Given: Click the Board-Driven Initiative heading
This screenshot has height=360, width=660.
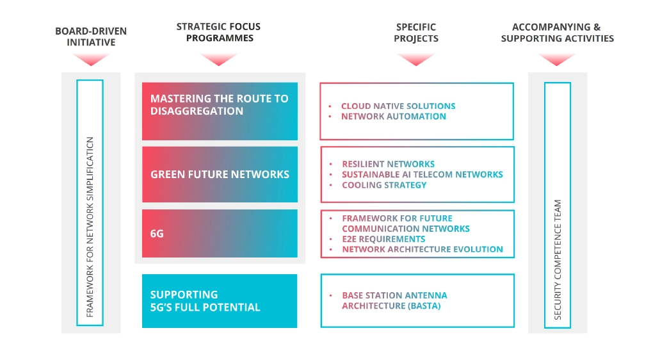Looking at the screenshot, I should coord(91,37).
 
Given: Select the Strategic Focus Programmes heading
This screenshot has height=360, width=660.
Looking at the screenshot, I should coord(219,32).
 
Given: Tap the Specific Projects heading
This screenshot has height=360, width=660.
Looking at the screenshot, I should coord(416,33).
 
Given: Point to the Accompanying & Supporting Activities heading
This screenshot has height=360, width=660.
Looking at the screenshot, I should coord(557,33).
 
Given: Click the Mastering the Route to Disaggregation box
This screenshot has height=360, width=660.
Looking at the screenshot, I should coord(220,111).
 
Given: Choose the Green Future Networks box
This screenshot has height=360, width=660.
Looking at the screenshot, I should coord(220,174).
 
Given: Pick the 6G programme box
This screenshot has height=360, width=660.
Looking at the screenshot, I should coord(220,234).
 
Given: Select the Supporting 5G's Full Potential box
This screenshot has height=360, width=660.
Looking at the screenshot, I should coord(220,301).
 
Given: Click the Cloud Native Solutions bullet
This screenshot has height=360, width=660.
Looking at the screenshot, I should coord(398,106).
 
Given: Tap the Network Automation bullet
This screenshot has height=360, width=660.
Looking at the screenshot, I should coord(393,117).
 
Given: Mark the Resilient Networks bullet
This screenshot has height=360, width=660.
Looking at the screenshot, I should coord(388,164).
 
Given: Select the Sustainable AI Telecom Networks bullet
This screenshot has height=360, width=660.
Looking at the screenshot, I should coord(422,174).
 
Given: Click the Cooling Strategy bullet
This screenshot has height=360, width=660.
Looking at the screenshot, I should coord(384,185).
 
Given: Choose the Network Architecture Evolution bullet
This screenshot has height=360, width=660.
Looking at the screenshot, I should coord(422,249).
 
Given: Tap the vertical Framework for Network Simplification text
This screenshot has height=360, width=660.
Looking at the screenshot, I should coord(90,227).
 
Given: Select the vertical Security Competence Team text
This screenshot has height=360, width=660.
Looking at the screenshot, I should coord(558,259).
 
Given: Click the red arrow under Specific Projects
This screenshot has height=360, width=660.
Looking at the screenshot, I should coord(416,60).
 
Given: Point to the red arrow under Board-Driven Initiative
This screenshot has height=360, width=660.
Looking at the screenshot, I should coord(91,60).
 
